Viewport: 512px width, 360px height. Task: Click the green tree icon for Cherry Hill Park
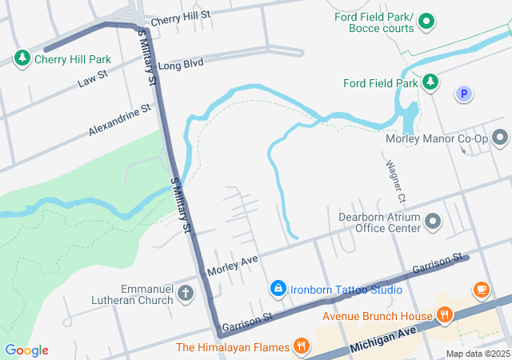click(x=22, y=58)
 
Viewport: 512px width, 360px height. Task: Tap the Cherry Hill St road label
click(x=180, y=15)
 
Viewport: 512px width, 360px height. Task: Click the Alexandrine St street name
click(x=120, y=119)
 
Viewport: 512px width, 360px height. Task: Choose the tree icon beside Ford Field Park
click(x=431, y=82)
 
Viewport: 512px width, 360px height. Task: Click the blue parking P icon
click(x=462, y=94)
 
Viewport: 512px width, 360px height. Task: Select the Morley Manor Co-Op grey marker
click(x=501, y=138)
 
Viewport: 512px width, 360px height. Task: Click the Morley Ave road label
click(x=233, y=266)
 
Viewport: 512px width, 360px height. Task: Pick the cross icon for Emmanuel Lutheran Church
click(x=186, y=293)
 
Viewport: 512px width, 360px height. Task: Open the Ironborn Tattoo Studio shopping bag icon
click(x=278, y=287)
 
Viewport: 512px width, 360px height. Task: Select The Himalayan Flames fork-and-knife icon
click(x=302, y=346)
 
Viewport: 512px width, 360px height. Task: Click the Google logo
click(x=26, y=350)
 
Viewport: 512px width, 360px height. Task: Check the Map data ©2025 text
click(x=477, y=354)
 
